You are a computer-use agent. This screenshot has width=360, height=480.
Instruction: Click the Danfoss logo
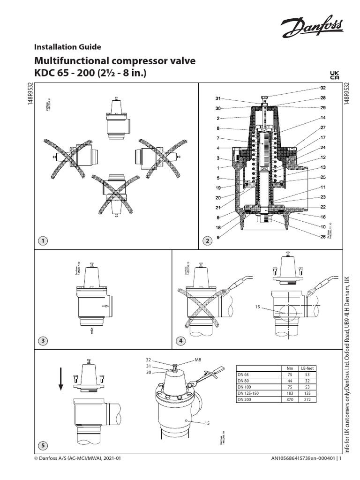(x=311, y=28)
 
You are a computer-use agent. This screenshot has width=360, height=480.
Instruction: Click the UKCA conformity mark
(x=335, y=75)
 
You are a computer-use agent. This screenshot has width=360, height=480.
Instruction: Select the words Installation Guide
(x=67, y=46)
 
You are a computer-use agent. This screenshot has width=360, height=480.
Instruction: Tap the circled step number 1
(x=43, y=240)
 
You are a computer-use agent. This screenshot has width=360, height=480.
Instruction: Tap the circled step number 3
(x=43, y=341)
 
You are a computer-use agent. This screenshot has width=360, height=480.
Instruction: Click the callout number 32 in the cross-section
(x=322, y=88)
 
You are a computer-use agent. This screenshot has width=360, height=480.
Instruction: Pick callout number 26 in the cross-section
(x=322, y=236)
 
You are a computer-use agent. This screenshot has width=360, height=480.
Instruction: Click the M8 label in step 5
(x=199, y=360)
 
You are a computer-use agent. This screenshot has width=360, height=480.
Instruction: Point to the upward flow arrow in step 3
(x=92, y=331)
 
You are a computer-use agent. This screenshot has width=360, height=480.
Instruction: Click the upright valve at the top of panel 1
(x=116, y=120)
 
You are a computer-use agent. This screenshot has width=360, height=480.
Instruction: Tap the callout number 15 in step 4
(x=256, y=307)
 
